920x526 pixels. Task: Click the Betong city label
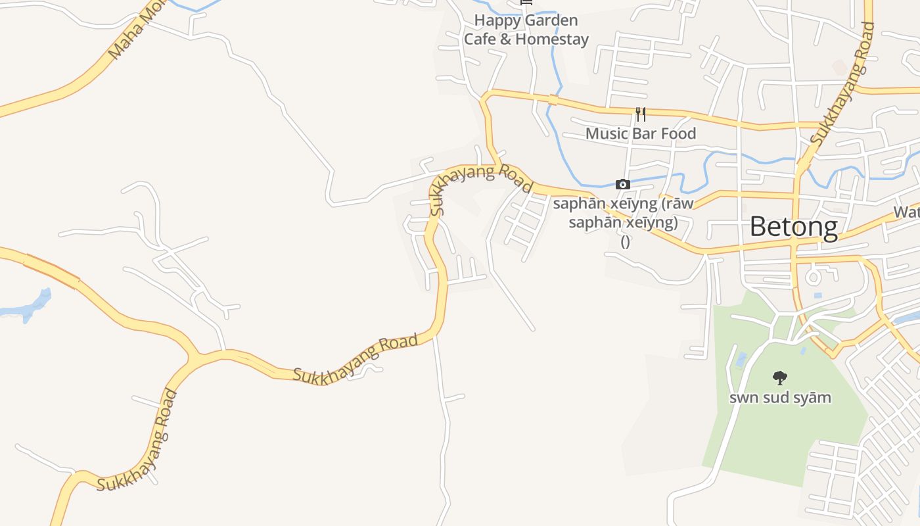pos(793,227)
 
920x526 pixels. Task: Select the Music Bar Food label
pos(640,133)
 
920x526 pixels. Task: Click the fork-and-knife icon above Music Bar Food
pos(641,114)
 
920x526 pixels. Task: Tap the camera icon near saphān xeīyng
pos(622,185)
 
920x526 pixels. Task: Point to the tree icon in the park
pos(779,377)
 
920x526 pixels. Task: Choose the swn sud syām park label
pos(780,398)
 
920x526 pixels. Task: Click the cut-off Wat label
pos(906,212)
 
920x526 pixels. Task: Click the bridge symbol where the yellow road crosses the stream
pos(553,100)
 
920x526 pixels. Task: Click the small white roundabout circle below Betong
pos(813,276)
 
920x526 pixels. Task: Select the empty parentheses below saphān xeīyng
pos(625,241)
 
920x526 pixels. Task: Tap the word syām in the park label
pos(814,398)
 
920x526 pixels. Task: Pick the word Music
pos(603,133)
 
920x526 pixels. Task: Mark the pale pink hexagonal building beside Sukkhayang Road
pos(839,66)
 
